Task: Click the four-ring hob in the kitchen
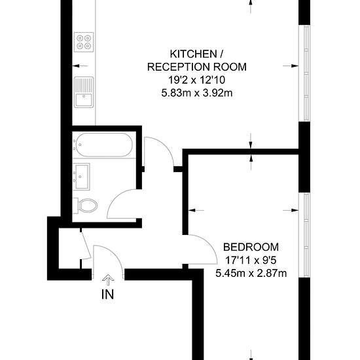click(x=84, y=42)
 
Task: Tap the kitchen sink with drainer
click(x=84, y=92)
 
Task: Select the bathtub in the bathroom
click(x=104, y=145)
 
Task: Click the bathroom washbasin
click(x=81, y=176)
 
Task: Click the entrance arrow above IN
click(x=108, y=280)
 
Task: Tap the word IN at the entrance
click(x=108, y=295)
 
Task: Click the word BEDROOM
click(x=251, y=247)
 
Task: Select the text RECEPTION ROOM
click(x=197, y=67)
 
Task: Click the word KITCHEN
click(x=193, y=54)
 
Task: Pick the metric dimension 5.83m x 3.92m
click(x=197, y=93)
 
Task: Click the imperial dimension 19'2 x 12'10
click(x=197, y=80)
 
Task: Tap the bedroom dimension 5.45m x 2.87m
click(x=251, y=274)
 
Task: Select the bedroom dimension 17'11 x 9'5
click(x=251, y=261)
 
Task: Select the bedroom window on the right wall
click(x=304, y=235)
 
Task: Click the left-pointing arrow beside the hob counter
click(x=80, y=66)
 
